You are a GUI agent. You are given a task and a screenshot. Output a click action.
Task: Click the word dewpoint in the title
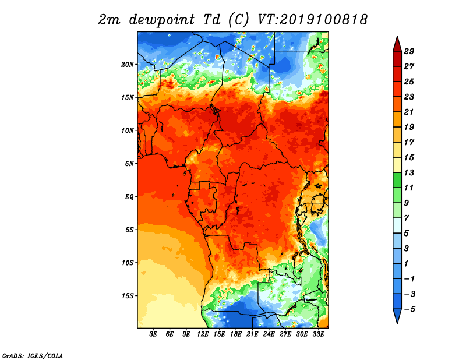point(162,20)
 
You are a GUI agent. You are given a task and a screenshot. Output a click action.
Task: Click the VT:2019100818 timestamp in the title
point(312,20)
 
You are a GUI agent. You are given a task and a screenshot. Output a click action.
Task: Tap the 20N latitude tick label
point(128,65)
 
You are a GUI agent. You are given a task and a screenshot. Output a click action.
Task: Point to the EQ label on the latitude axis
point(129,197)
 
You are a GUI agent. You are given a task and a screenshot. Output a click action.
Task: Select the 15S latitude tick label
point(128,296)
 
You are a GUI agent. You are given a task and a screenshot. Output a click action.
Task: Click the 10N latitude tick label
point(128,130)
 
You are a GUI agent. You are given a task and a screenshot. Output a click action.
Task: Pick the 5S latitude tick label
point(129,230)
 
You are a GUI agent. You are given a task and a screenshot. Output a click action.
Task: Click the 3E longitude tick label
point(153,334)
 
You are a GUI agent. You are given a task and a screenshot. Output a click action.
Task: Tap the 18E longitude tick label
point(236,334)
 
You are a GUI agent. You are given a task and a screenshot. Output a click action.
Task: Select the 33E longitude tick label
point(318,334)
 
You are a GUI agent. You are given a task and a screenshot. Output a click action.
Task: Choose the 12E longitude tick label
point(203,334)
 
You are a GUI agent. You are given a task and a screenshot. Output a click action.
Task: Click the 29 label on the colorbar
point(409,51)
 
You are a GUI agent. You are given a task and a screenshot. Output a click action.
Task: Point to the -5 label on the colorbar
point(409,309)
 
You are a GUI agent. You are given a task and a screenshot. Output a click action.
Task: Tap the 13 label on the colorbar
point(409,172)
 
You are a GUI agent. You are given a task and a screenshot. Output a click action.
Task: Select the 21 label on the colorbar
point(409,112)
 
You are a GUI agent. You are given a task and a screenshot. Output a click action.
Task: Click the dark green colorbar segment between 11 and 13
point(397,180)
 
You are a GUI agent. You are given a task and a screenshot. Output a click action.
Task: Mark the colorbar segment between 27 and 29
point(397,59)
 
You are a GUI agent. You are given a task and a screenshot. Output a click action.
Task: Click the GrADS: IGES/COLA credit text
point(33,355)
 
